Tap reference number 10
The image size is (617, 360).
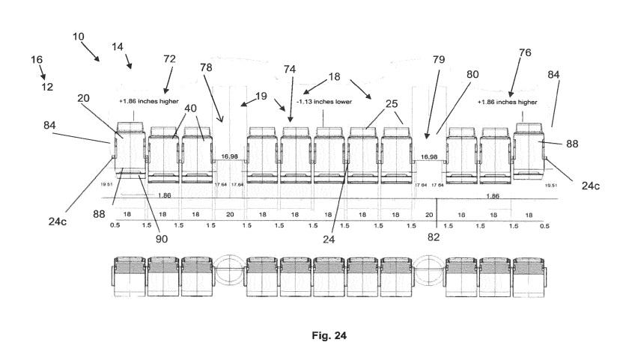[x=79, y=35]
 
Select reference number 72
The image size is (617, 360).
[x=171, y=58]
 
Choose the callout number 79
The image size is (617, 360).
[x=440, y=59]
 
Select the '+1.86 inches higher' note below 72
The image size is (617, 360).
[x=148, y=101]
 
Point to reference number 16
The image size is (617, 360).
[x=37, y=58]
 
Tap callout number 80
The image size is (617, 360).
[x=472, y=75]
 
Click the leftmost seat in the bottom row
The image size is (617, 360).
[x=127, y=275]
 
